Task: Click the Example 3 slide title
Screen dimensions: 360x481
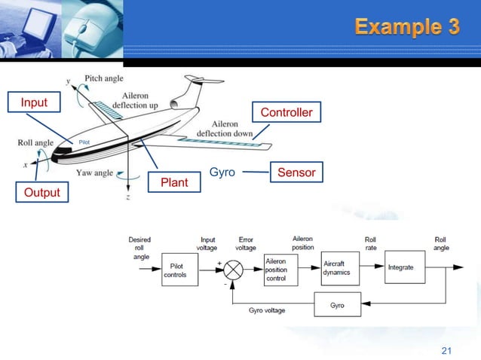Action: [407, 28]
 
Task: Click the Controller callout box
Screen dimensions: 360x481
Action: [286, 112]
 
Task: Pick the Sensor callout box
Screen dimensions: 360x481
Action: [296, 172]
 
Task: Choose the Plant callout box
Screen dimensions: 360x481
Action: [174, 182]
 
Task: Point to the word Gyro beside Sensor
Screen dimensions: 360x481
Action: [222, 172]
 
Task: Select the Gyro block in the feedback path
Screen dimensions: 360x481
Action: [337, 305]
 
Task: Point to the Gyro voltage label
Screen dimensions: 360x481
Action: [266, 310]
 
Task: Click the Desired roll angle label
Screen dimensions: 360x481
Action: [140, 248]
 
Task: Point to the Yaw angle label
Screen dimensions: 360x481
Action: [94, 172]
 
